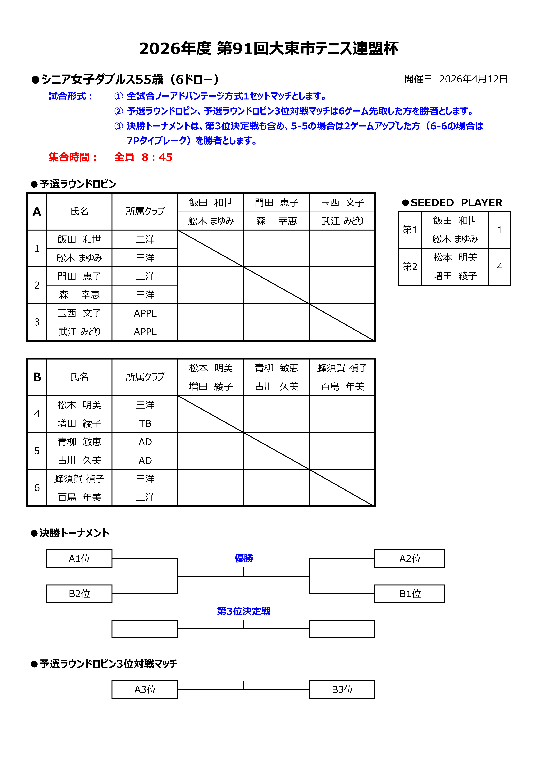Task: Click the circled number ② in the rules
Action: (118, 111)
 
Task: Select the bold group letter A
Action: (37, 211)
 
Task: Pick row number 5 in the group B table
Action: (37, 451)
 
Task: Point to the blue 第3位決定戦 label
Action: (244, 611)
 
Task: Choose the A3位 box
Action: (145, 689)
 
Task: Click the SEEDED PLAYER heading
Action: (456, 203)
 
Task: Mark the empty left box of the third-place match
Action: (145, 629)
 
